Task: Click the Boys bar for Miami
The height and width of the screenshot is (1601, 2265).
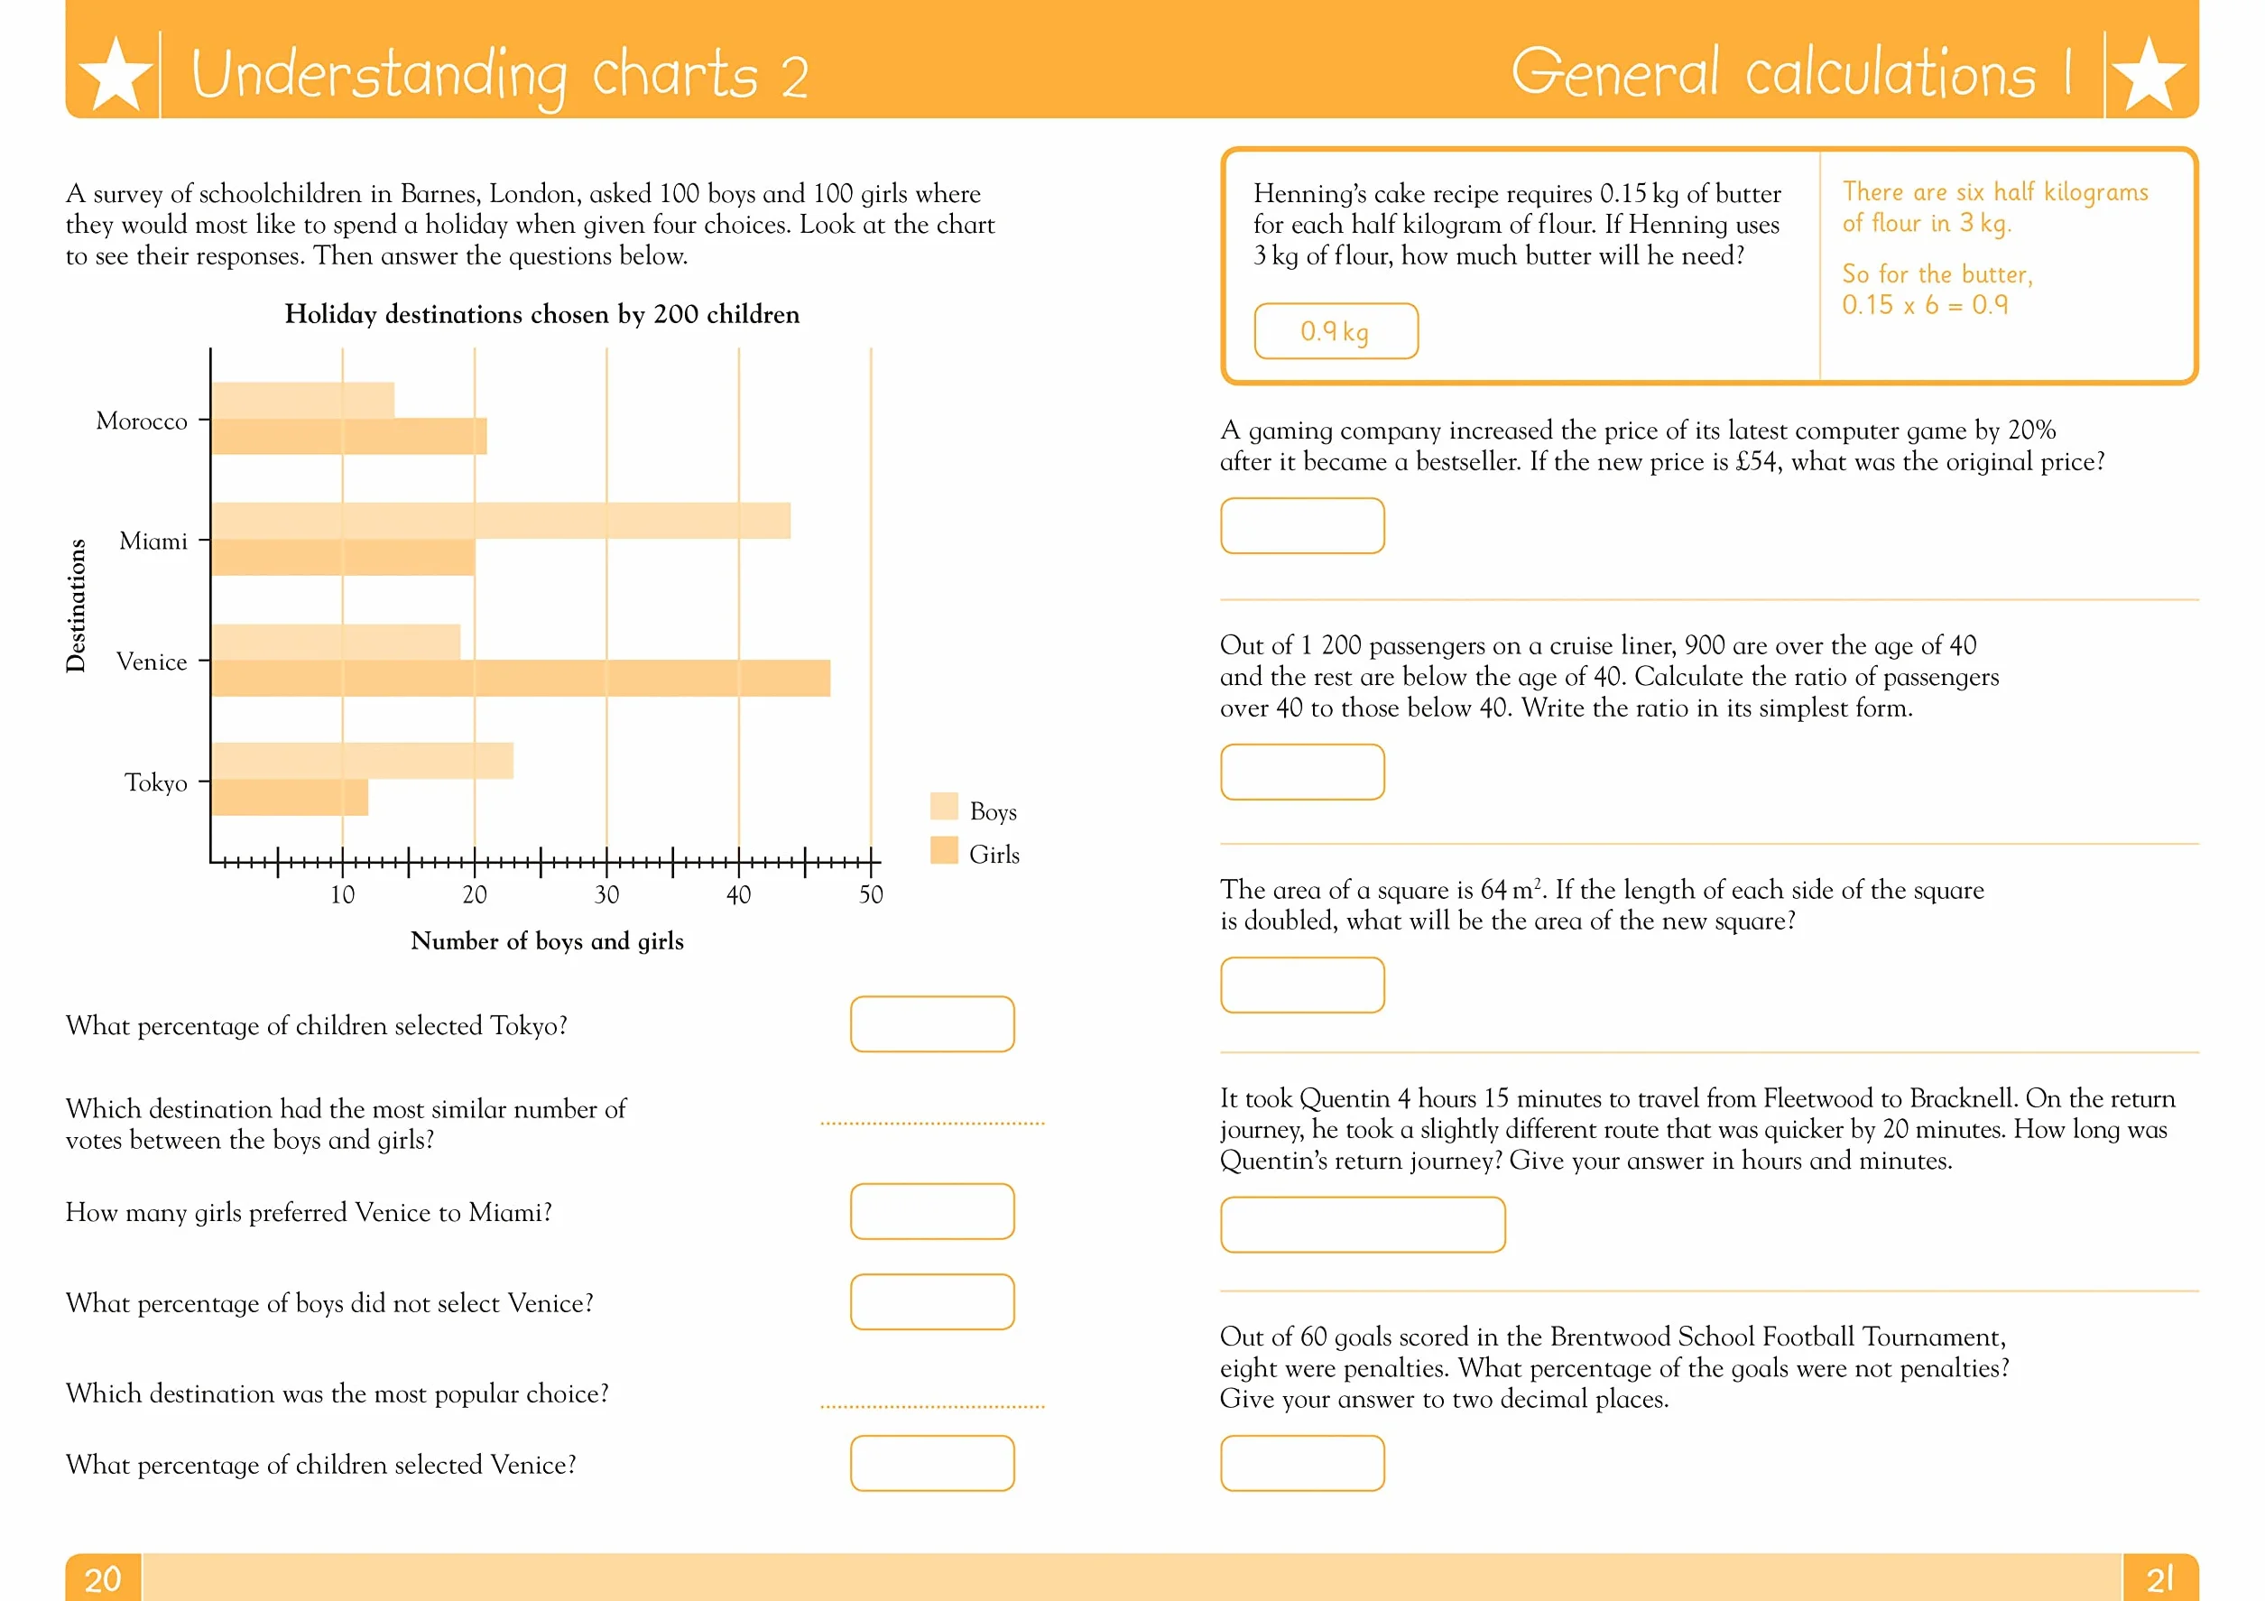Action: [501, 521]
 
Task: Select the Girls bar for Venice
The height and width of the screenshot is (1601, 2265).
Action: [521, 679]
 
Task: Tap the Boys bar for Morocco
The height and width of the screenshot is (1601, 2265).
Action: [303, 401]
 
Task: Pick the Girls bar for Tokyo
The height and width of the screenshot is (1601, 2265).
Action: [290, 797]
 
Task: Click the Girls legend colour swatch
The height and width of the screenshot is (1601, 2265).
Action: [944, 850]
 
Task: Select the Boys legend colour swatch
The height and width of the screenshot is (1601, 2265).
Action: [944, 806]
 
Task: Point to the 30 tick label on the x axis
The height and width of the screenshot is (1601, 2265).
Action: [606, 894]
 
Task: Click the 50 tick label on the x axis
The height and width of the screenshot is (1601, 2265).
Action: [871, 894]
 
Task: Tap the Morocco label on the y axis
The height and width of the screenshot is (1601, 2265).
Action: [142, 421]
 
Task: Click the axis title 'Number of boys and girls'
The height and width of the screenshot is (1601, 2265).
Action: [547, 941]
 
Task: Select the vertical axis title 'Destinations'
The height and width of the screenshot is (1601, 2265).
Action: [76, 606]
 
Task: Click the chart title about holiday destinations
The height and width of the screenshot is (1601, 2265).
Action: [541, 315]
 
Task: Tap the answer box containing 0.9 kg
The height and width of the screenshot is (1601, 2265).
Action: [1336, 331]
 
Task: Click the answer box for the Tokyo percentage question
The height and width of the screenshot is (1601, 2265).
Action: [932, 1024]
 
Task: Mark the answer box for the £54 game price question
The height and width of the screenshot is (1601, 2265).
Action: [1302, 526]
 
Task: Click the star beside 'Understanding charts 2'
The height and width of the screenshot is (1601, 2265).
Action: [116, 74]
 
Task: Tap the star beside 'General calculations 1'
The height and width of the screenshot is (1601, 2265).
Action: [2149, 74]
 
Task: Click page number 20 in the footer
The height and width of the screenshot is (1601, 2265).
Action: [103, 1578]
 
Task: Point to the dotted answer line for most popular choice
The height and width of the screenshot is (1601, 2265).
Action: [932, 1407]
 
